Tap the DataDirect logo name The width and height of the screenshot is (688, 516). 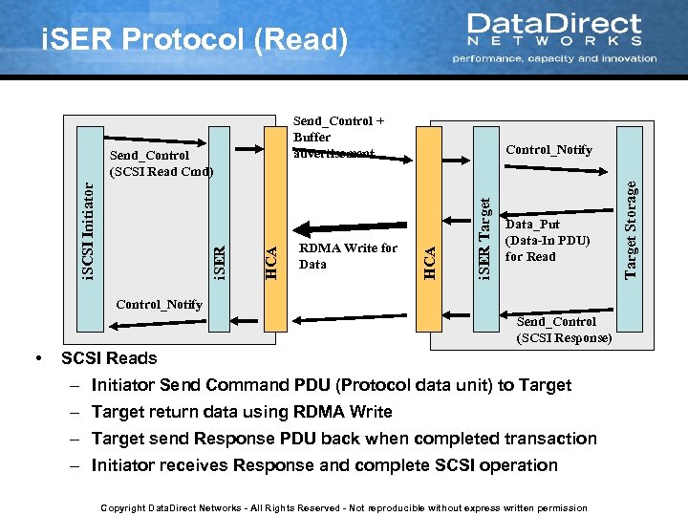pos(554,25)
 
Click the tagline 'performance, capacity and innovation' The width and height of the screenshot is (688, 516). pos(554,58)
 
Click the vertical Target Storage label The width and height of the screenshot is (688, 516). pos(630,229)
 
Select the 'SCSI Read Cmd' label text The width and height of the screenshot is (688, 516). pos(161,172)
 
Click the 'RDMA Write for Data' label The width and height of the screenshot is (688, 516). pos(348,256)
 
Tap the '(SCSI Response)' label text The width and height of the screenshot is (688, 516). pos(564,337)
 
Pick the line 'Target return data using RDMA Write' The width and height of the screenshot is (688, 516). pos(242,412)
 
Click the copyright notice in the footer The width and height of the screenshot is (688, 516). pos(344,507)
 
